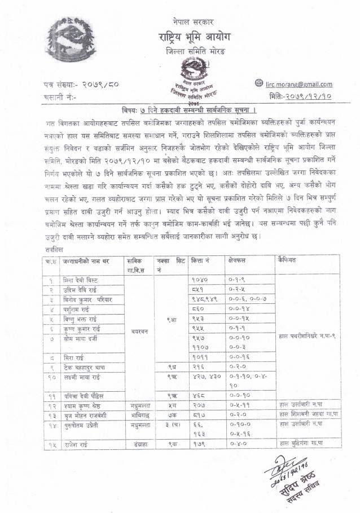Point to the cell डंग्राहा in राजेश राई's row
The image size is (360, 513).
137,445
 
